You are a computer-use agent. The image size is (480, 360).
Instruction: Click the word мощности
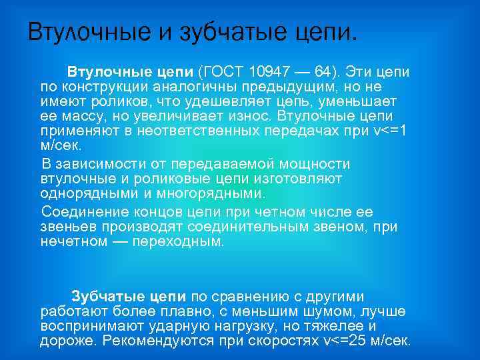pyautogui.click(x=312, y=164)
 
